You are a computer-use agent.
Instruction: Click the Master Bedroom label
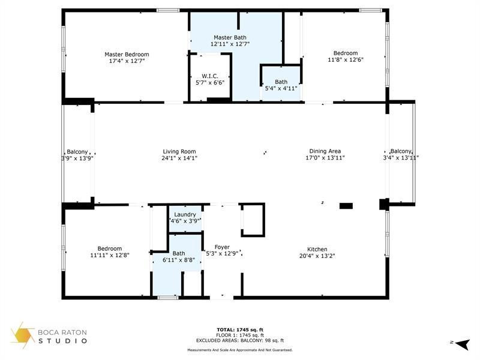point(127,54)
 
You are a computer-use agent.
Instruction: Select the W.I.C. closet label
point(209,76)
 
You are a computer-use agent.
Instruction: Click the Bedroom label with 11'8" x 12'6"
point(346,53)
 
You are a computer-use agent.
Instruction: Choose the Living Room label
point(179,151)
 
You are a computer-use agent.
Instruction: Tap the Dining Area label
point(325,151)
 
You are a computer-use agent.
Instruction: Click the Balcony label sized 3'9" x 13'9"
point(77,151)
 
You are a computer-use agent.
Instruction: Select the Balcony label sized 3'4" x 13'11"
point(401,151)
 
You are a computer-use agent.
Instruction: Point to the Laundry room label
point(184,215)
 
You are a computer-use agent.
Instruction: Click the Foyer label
point(222,247)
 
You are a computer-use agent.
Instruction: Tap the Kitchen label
point(317,249)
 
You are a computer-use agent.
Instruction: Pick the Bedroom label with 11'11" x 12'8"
point(110,248)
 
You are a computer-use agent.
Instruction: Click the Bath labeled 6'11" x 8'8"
point(179,253)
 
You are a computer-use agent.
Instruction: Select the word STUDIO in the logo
point(64,341)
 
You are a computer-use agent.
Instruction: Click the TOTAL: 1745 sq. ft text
point(239,329)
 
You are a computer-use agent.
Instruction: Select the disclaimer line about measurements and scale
point(239,350)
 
